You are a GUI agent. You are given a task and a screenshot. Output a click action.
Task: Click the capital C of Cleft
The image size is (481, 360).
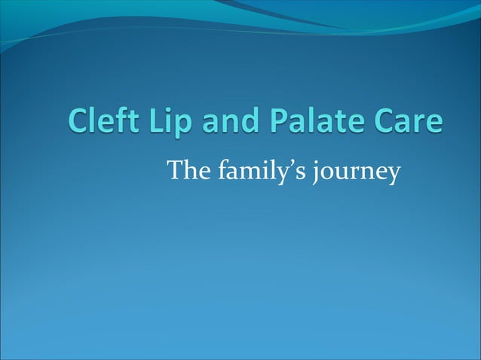[x=78, y=124]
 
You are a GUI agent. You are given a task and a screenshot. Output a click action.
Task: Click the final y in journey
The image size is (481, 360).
[x=392, y=178]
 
